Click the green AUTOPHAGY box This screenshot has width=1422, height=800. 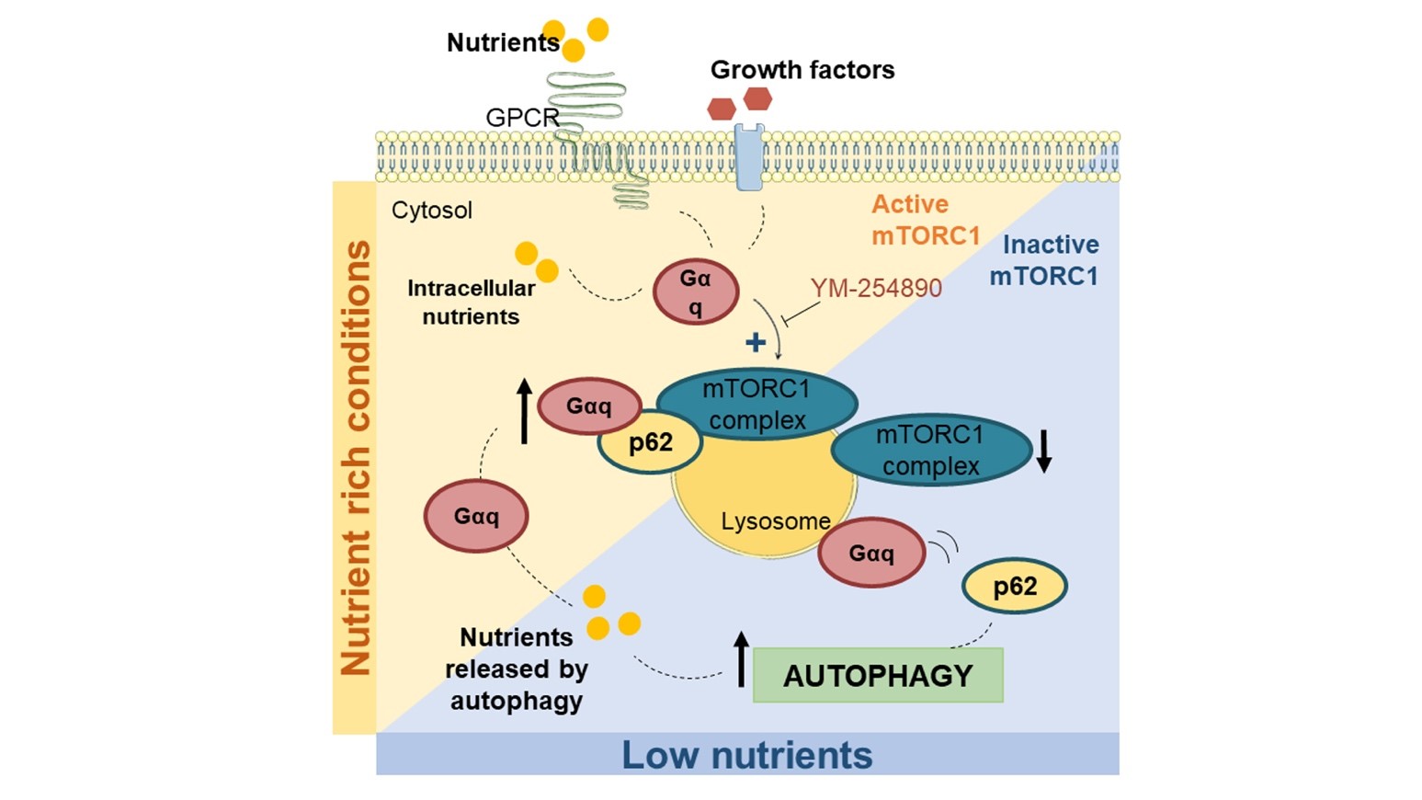pyautogui.click(x=877, y=676)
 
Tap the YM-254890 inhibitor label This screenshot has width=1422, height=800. pyautogui.click(x=875, y=288)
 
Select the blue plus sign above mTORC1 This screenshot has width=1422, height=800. pyautogui.click(x=756, y=343)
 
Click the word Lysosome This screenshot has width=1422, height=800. pyautogui.click(x=775, y=521)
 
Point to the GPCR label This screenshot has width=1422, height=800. pyautogui.click(x=521, y=118)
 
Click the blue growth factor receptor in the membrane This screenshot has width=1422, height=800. pyautogui.click(x=749, y=157)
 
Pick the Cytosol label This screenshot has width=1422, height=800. pyautogui.click(x=431, y=211)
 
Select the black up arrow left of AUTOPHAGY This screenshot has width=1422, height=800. pyautogui.click(x=742, y=659)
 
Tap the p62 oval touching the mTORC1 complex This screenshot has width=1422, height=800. pyautogui.click(x=650, y=443)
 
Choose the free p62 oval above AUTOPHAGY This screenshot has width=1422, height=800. pyautogui.click(x=1014, y=586)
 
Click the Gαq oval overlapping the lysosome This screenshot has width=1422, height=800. pyautogui.click(x=870, y=554)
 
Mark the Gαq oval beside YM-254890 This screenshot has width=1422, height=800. pyautogui.click(x=696, y=291)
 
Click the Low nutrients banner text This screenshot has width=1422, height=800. pyautogui.click(x=746, y=755)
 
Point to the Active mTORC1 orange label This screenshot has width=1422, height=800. pyautogui.click(x=925, y=220)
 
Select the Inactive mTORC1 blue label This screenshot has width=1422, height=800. pyautogui.click(x=1044, y=260)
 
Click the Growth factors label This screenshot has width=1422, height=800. pyautogui.click(x=802, y=70)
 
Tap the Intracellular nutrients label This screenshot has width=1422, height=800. pyautogui.click(x=471, y=303)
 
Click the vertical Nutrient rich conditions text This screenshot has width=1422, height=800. pyautogui.click(x=355, y=457)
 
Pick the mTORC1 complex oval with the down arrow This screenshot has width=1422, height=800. pyautogui.click(x=930, y=450)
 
